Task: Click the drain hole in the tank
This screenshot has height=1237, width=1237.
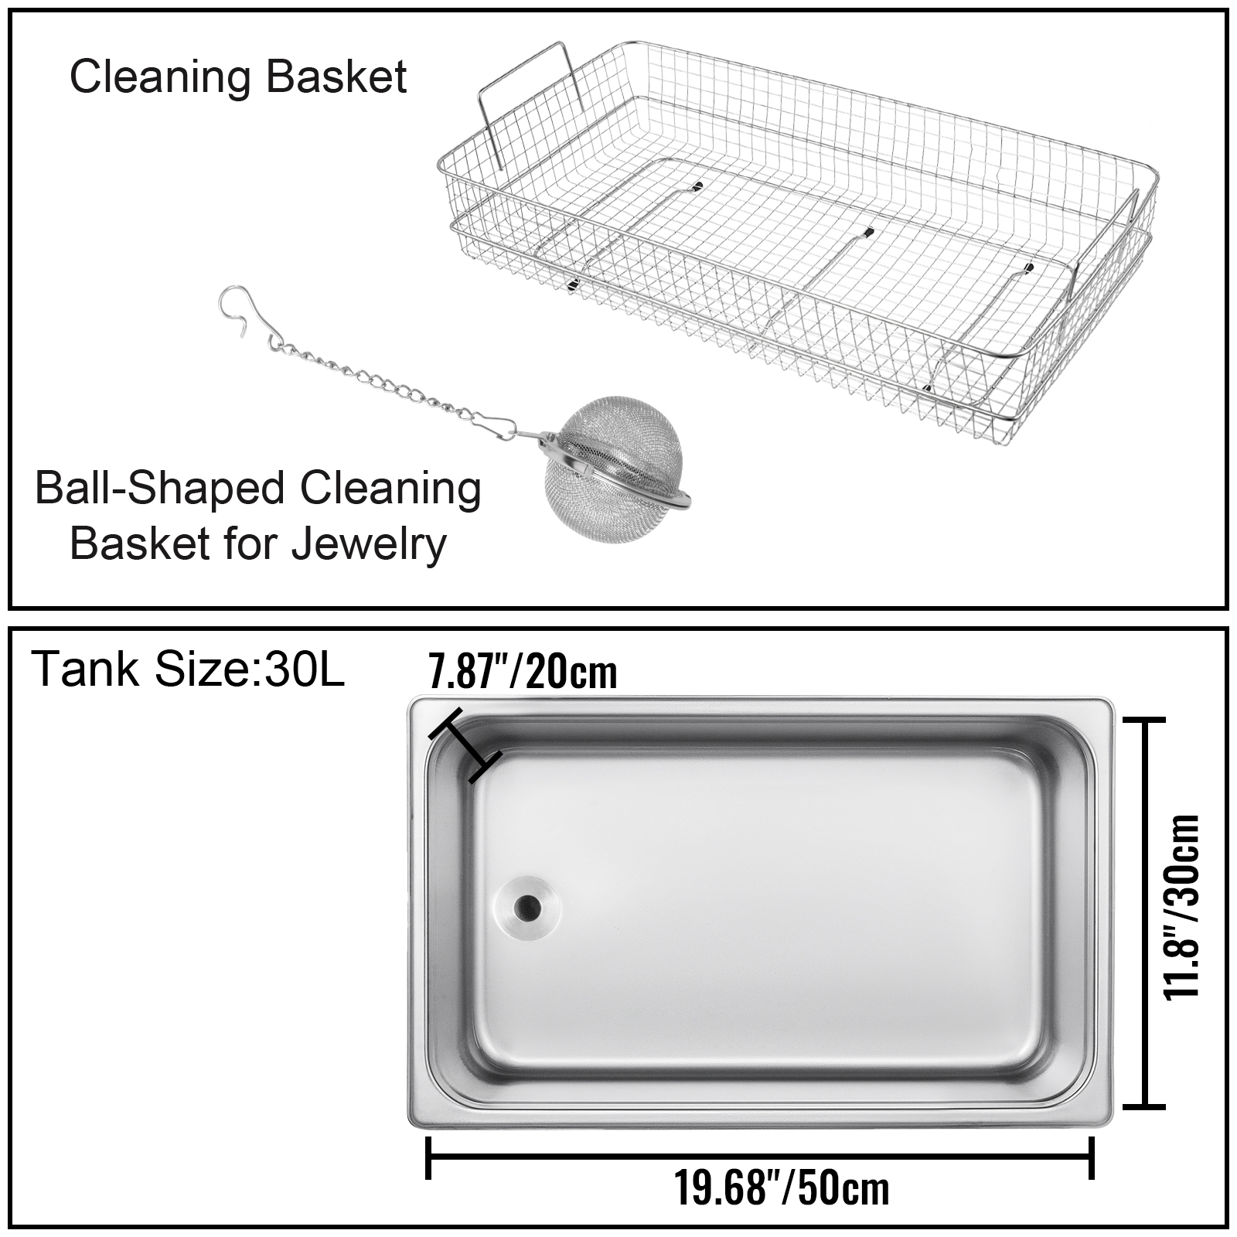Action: tap(529, 906)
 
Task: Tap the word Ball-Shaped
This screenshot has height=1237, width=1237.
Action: tap(157, 489)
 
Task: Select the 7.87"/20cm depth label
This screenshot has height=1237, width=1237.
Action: tap(523, 671)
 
